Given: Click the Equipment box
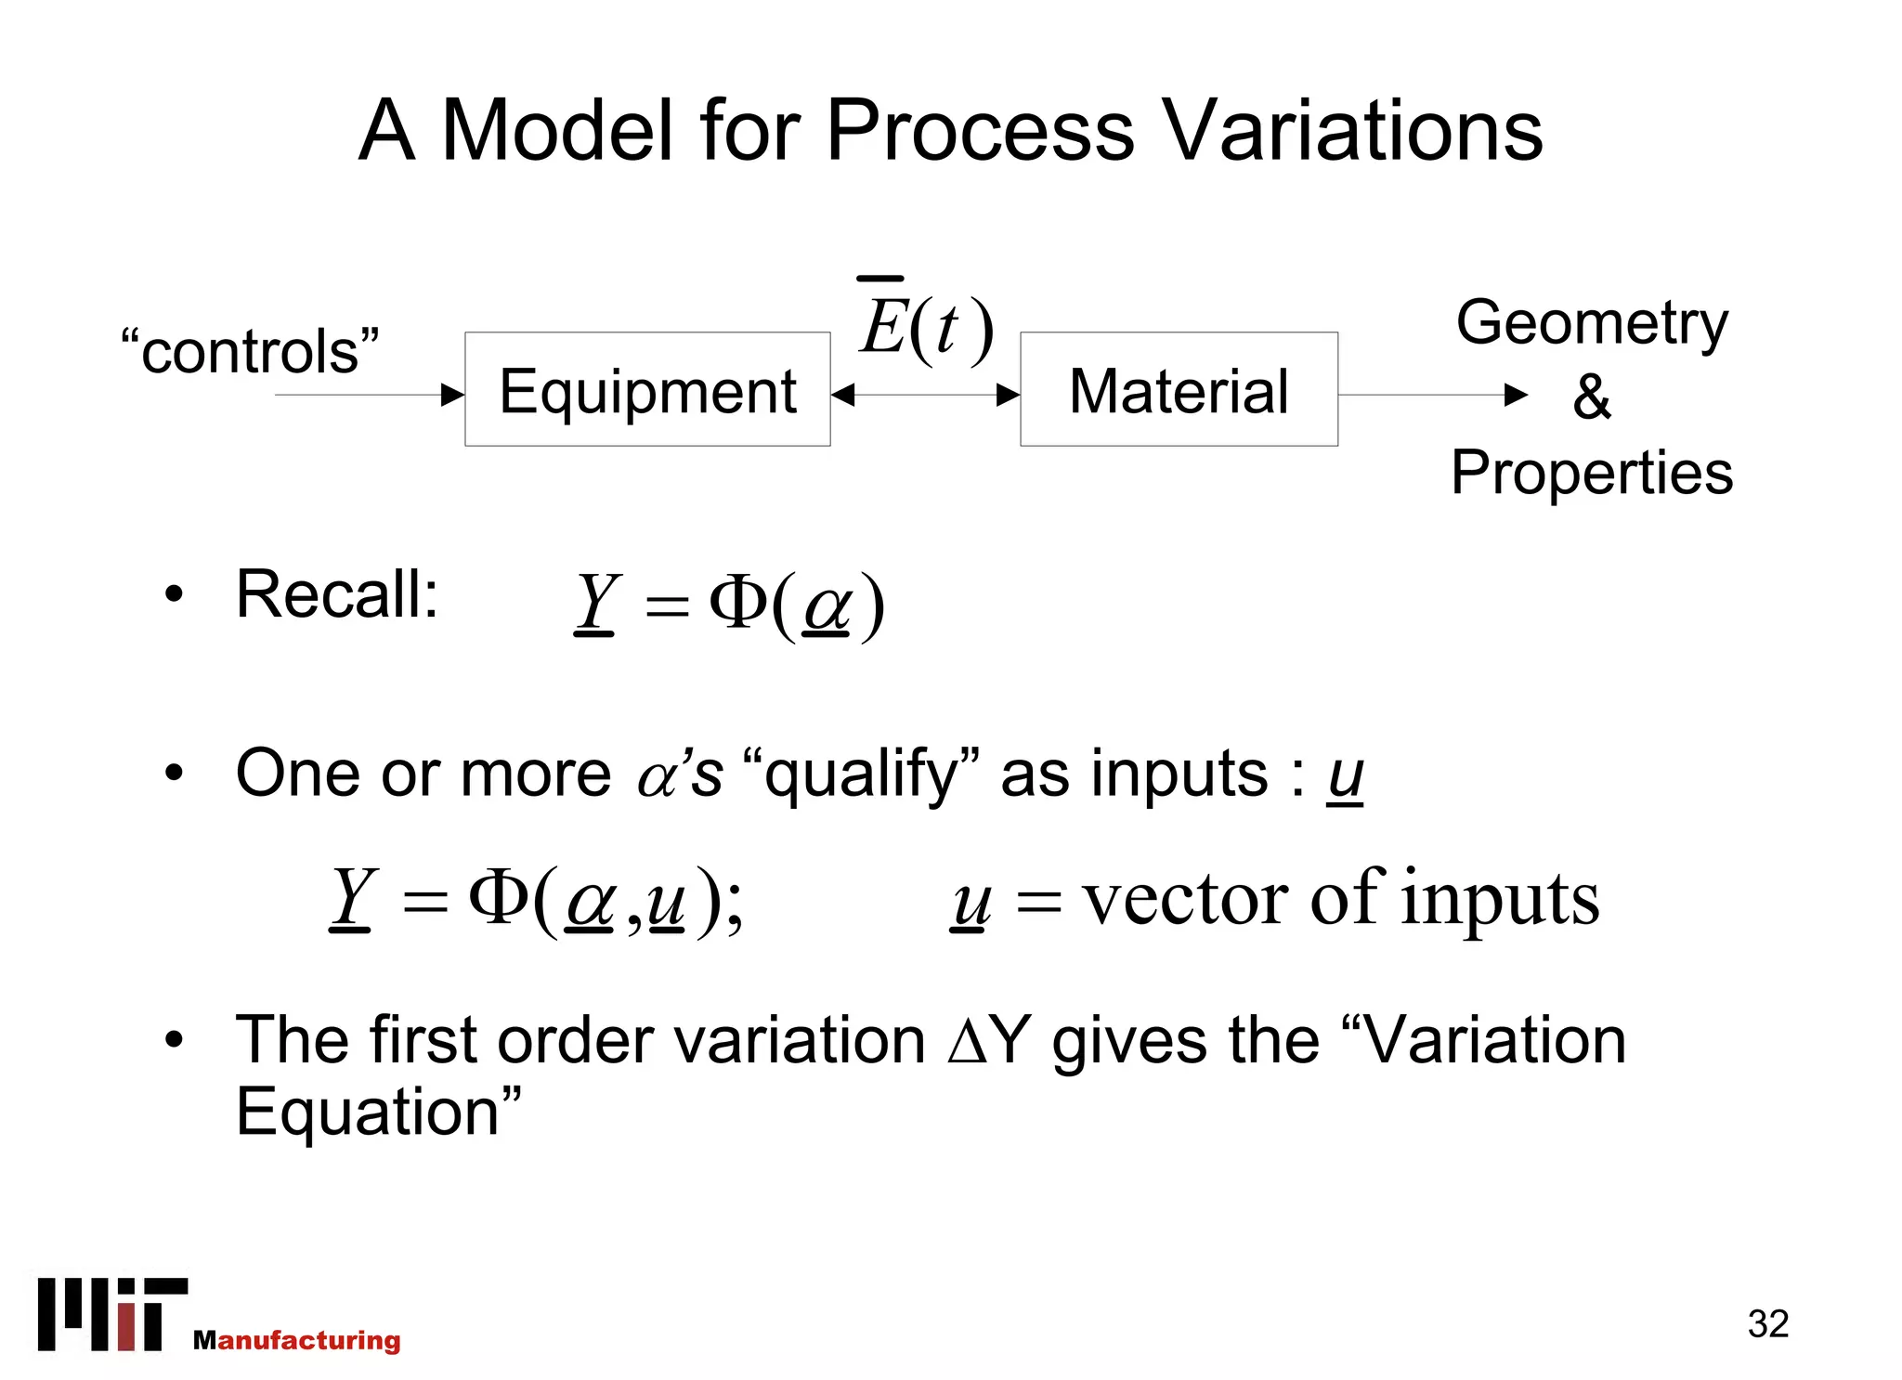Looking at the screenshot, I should click(x=647, y=389).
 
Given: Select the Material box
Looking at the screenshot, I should click(x=1179, y=389).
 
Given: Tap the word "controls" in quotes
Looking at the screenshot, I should click(x=250, y=352).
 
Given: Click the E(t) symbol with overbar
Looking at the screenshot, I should click(x=925, y=325).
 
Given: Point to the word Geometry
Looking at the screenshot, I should click(x=1592, y=322).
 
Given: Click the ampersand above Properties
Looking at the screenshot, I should click(x=1591, y=397).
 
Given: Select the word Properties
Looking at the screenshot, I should click(x=1592, y=472).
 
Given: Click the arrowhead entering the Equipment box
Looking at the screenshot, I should click(x=452, y=395).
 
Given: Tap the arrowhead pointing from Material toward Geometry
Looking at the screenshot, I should click(x=1515, y=395).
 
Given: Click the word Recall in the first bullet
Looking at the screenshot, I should click(x=335, y=594).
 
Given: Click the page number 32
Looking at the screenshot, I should click(x=1767, y=1323).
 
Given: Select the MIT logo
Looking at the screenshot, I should click(x=111, y=1314).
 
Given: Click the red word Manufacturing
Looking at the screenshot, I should click(x=297, y=1340).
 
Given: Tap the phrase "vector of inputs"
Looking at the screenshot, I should click(x=1341, y=898).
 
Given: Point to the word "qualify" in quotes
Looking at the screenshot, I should click(x=861, y=774).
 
